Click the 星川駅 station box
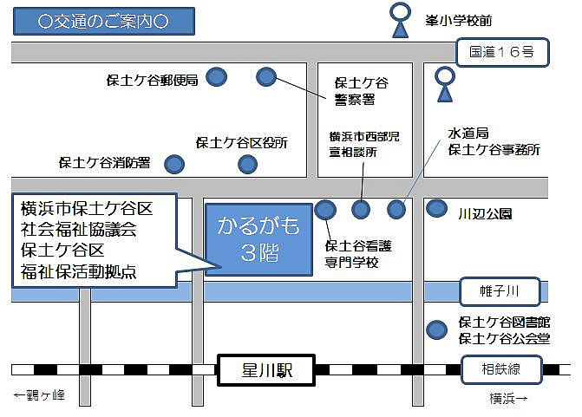(266, 369)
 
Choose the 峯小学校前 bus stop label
(483, 18)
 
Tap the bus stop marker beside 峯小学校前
(401, 20)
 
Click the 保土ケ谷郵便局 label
(152, 81)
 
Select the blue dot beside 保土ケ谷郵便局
(217, 78)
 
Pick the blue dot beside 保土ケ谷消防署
(175, 163)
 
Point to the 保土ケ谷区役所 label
(242, 142)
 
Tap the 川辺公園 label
(486, 213)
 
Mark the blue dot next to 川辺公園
(437, 209)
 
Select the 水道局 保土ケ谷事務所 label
(493, 141)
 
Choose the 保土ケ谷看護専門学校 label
(352, 254)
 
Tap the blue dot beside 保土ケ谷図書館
(437, 329)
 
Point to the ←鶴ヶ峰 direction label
(40, 396)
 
